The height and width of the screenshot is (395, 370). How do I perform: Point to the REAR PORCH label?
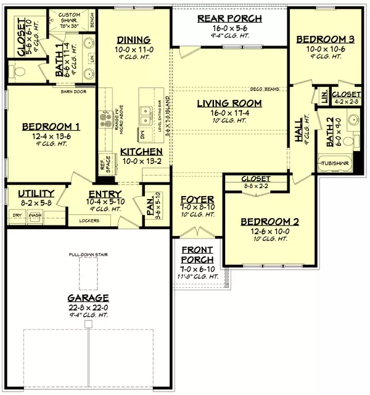(229, 18)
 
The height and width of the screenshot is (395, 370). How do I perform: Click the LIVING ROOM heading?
(229, 103)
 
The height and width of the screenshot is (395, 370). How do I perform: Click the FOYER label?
(197, 200)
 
